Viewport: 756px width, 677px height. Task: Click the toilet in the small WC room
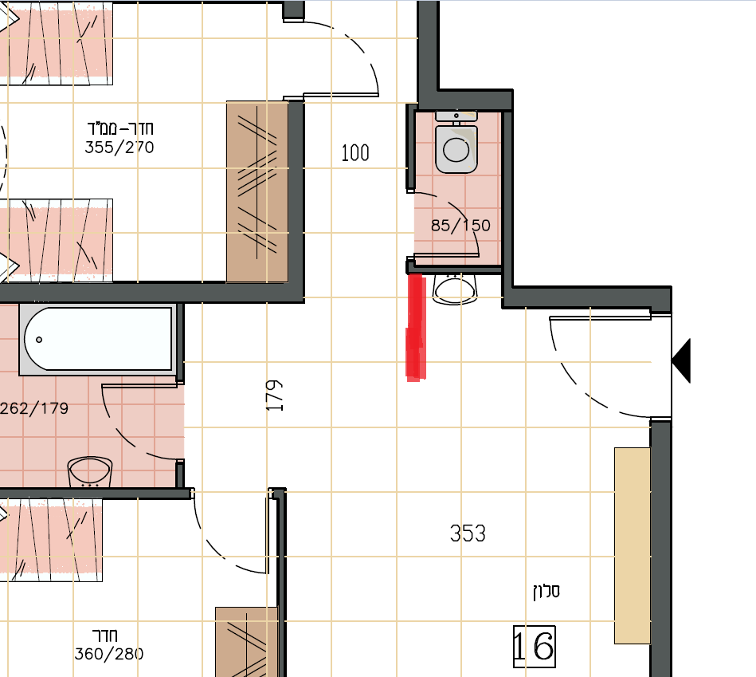coord(456,143)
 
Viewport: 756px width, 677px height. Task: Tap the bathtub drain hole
coord(39,340)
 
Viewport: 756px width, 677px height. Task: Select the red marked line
coord(416,327)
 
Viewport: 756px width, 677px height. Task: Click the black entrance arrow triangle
coord(681,360)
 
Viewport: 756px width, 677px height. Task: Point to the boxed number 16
coord(535,647)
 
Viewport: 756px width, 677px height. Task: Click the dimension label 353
coord(468,533)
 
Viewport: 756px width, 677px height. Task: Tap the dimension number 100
coord(355,153)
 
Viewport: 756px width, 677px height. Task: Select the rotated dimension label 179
coord(274,396)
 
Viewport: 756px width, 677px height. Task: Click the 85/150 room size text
coord(460,226)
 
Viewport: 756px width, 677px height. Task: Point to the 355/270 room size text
coord(119,148)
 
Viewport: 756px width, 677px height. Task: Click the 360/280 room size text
coord(109,654)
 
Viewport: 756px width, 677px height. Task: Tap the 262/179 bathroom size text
coord(34,409)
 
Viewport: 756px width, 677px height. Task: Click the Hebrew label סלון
coord(546,591)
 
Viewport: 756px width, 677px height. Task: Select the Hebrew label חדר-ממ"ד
coord(120,128)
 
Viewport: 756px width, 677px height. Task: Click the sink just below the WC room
coord(455,289)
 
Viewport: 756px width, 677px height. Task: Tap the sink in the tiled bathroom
coord(90,472)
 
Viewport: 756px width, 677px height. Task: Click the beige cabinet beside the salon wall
coord(632,545)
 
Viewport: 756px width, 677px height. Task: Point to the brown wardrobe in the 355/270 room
coord(257,191)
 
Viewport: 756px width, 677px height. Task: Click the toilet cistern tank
coord(456,116)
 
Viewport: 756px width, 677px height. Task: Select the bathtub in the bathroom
coord(98,340)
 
